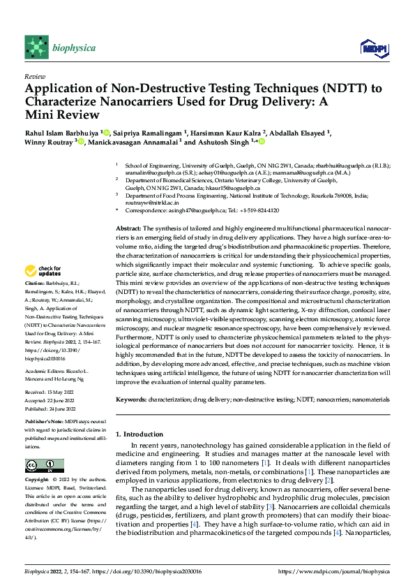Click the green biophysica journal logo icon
click(35, 47)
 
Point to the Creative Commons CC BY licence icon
click(44, 466)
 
